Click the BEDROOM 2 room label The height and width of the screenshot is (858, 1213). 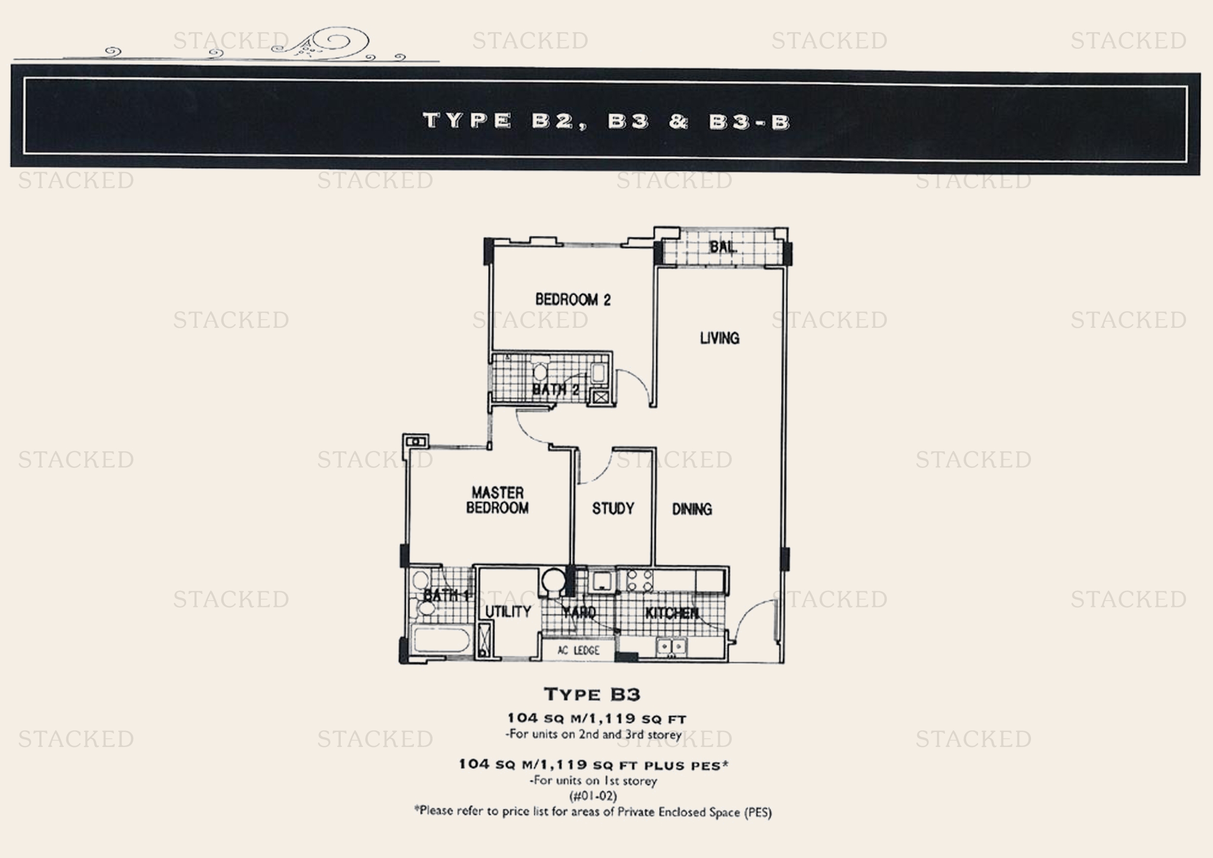coord(573,299)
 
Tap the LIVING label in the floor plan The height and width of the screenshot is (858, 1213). coord(720,338)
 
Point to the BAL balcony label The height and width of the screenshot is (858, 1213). coord(722,247)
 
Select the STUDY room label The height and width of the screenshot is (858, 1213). coord(613,508)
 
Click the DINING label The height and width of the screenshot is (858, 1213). coord(692,509)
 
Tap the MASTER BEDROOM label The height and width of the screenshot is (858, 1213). coord(497,500)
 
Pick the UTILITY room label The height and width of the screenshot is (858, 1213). coord(508,611)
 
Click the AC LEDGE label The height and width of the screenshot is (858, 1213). coord(579,651)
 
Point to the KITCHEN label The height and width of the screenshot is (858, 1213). coord(672,613)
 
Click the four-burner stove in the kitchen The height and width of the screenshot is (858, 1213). coord(639,580)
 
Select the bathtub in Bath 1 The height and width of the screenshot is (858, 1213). coord(441,641)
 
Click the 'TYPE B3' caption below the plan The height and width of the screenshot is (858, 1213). coord(592,694)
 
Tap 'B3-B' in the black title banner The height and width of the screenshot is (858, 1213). coord(750,122)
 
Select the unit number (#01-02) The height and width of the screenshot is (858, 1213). coord(593,796)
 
